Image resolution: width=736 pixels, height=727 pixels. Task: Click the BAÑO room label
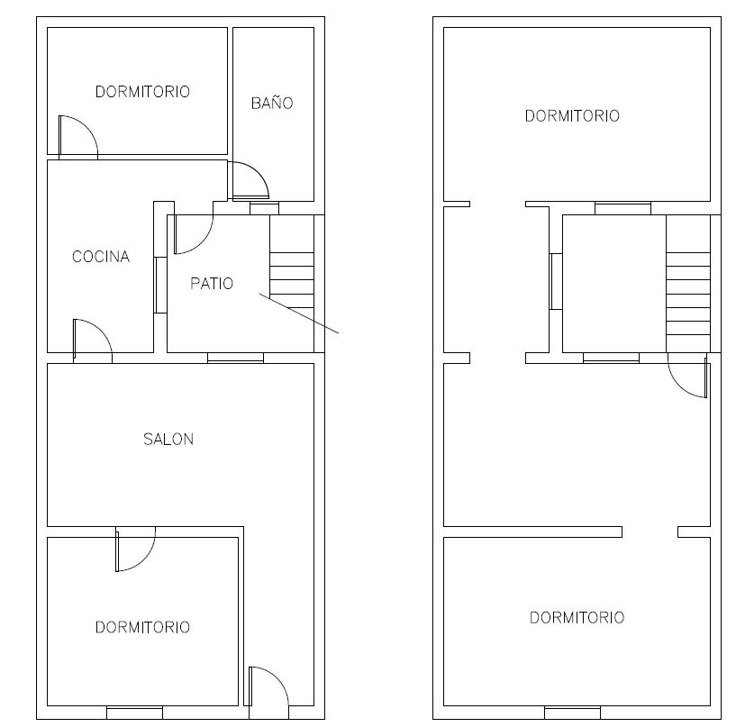[272, 103]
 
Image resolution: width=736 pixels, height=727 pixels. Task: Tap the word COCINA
[101, 256]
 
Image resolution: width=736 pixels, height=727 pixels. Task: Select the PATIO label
[212, 284]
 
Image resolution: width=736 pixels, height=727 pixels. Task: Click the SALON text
[168, 440]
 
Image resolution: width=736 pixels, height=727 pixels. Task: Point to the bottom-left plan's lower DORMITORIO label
[142, 627]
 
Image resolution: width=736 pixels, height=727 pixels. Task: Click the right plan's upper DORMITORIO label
[572, 116]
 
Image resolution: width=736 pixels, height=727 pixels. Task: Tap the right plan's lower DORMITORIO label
[577, 617]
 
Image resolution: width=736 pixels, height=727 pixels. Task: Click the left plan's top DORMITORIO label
[142, 92]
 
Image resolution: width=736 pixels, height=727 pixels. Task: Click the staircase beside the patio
[292, 284]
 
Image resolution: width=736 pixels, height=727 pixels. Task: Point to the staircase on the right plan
[688, 284]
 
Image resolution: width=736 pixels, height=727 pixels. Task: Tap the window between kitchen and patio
[160, 285]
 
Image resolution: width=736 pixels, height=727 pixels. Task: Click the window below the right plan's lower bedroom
[572, 713]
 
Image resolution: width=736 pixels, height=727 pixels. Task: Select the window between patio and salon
[236, 359]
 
